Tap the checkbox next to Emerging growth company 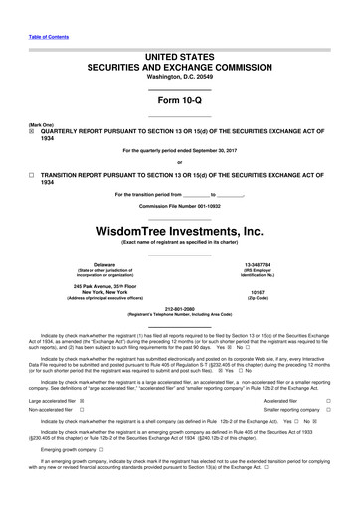[x=89, y=477]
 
